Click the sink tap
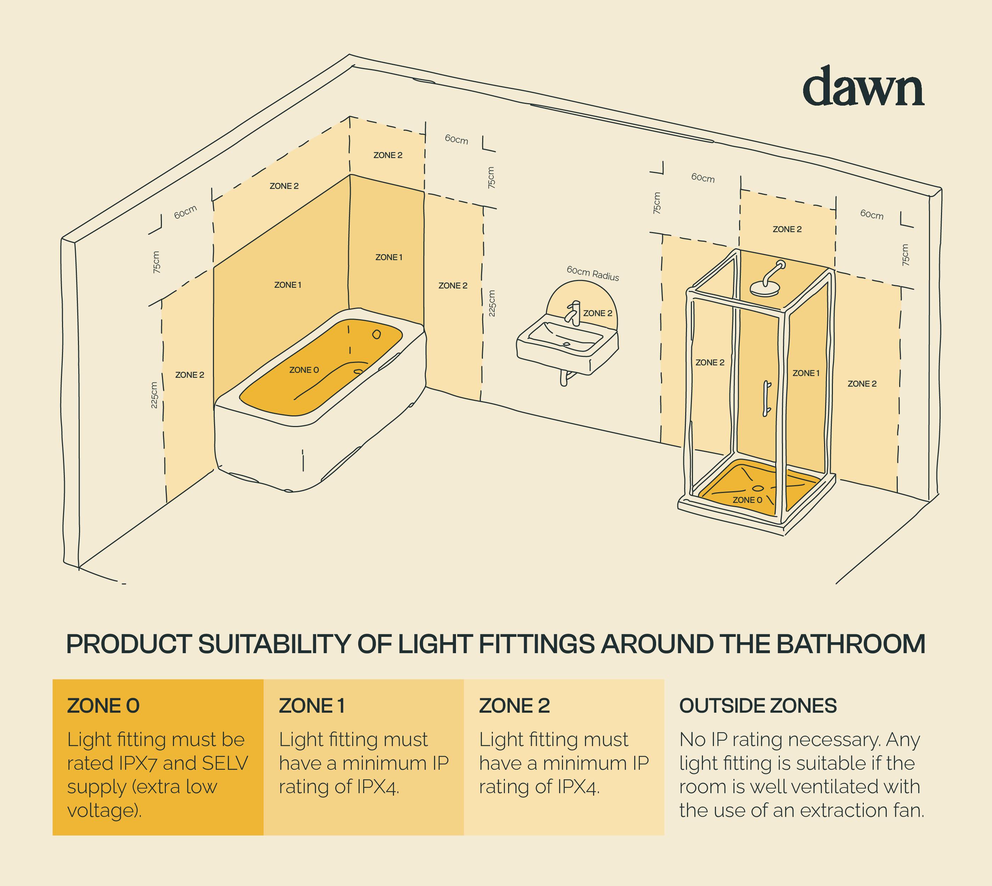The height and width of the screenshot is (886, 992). click(x=573, y=313)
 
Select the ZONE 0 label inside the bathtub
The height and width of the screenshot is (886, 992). click(x=304, y=370)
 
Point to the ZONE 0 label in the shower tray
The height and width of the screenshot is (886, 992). click(x=747, y=500)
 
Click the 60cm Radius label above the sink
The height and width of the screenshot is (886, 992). click(x=593, y=274)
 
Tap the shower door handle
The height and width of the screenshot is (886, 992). click(x=767, y=399)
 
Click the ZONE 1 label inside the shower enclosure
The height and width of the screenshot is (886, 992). click(x=806, y=374)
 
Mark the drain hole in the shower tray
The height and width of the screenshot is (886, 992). click(x=758, y=488)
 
